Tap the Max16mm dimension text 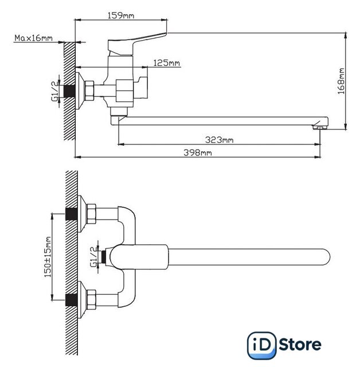click(34, 38)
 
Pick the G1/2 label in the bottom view click(94, 256)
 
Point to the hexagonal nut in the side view click(90, 90)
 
